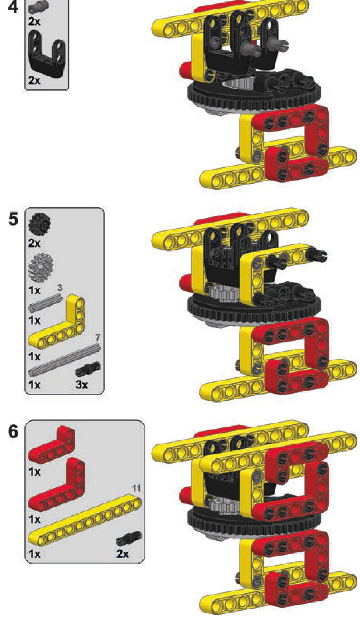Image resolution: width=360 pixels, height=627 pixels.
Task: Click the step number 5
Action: click(x=13, y=219)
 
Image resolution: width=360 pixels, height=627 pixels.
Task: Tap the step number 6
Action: click(x=13, y=431)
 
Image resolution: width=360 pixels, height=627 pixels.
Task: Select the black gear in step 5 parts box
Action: click(x=40, y=223)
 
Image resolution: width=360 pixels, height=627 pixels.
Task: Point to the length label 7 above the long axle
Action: click(x=98, y=338)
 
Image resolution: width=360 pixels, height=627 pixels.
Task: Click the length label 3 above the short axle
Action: click(x=60, y=288)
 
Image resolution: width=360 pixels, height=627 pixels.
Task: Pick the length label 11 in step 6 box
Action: click(x=136, y=488)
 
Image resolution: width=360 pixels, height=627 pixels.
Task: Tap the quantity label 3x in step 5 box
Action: click(x=82, y=385)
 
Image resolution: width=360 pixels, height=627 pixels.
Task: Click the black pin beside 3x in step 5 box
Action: click(x=88, y=369)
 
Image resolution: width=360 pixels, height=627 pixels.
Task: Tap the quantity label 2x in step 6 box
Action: click(x=123, y=553)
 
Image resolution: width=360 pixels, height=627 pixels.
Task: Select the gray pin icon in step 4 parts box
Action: click(x=39, y=6)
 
